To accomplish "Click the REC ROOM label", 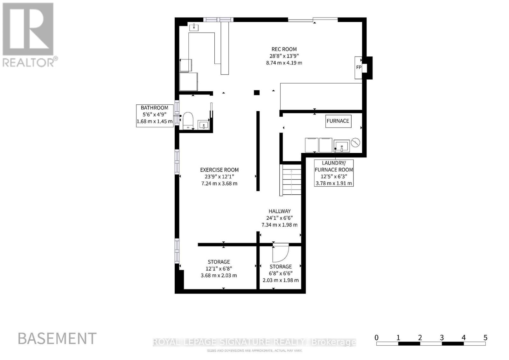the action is [284, 49].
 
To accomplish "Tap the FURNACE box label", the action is [338, 121].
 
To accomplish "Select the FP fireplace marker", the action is [359, 67].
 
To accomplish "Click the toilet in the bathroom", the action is [188, 121].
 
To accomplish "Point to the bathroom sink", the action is [203, 125].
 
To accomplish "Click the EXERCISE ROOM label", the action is [219, 170].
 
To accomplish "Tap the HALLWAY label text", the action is [280, 211].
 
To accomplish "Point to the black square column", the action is [256, 93].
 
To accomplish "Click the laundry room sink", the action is [342, 146].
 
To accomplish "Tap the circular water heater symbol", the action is [355, 143].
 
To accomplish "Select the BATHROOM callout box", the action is [155, 116].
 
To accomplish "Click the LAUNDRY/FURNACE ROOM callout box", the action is [334, 173].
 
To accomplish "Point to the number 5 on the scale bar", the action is [485, 338].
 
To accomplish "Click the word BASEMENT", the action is [57, 339].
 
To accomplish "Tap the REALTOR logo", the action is [30, 35].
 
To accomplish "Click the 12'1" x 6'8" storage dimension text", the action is [219, 269].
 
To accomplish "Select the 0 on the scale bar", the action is [377, 338].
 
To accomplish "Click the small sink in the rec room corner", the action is [194, 27].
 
